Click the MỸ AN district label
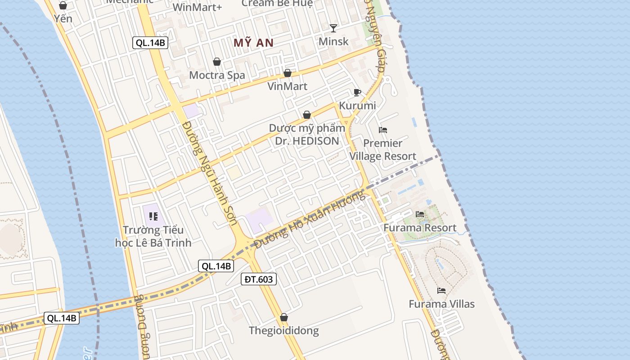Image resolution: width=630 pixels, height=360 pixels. (253, 43)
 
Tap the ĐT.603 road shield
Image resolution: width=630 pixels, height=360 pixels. (258, 279)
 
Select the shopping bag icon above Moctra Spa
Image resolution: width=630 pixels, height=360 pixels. (217, 62)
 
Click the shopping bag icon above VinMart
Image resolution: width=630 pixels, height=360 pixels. (288, 73)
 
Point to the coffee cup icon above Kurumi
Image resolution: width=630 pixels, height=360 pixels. (357, 93)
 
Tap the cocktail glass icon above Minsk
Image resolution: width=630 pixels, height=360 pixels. (333, 28)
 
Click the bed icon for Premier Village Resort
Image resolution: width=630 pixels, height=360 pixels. (383, 130)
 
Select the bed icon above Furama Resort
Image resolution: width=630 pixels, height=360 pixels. (420, 214)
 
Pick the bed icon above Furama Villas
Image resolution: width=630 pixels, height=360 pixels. (441, 291)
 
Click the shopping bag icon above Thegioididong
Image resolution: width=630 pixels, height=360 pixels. (284, 318)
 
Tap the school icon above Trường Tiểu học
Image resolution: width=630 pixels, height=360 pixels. (153, 217)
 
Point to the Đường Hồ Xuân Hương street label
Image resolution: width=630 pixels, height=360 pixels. (310, 219)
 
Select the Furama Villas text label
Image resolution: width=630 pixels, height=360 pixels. (441, 304)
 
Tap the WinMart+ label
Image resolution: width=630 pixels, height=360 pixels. (197, 7)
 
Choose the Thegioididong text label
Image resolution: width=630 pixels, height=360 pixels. (284, 331)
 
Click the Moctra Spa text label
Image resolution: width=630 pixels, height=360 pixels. (217, 75)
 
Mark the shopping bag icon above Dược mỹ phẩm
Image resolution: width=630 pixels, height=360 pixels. (307, 115)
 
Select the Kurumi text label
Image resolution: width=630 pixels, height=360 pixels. (357, 106)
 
